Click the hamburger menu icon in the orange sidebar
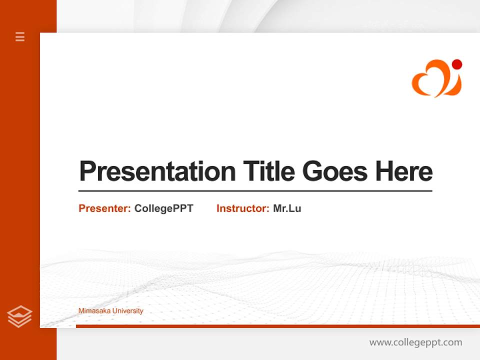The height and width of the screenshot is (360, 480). pyautogui.click(x=20, y=36)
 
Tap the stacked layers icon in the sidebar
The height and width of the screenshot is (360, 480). pyautogui.click(x=19, y=316)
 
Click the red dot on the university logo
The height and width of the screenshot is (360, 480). pyautogui.click(x=456, y=64)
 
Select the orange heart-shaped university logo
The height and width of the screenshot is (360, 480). pyautogui.click(x=436, y=78)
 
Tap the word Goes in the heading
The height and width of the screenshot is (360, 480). pyautogui.click(x=334, y=171)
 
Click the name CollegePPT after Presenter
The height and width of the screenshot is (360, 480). pyautogui.click(x=163, y=208)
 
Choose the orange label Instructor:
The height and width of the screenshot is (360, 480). pyautogui.click(x=243, y=208)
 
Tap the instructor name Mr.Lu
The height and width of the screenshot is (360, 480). pyautogui.click(x=287, y=208)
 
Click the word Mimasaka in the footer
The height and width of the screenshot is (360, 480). pyautogui.click(x=94, y=311)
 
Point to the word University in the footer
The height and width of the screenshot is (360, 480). pyautogui.click(x=127, y=311)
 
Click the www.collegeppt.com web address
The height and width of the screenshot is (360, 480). pyautogui.click(x=415, y=342)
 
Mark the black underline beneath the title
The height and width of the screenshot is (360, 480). pyautogui.click(x=255, y=191)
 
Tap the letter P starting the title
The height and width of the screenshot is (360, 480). pyautogui.click(x=87, y=171)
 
